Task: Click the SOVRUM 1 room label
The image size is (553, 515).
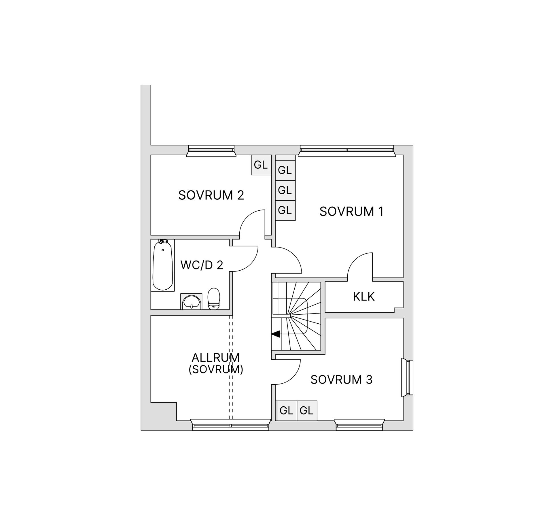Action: click(x=351, y=212)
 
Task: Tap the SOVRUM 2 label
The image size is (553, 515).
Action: click(x=211, y=195)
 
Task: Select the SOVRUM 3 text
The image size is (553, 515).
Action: click(x=341, y=380)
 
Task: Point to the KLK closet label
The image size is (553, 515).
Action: click(x=364, y=297)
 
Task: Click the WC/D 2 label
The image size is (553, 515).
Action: click(x=202, y=265)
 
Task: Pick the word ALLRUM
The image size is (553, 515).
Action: click(x=215, y=358)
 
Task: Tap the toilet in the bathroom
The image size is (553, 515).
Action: click(x=214, y=299)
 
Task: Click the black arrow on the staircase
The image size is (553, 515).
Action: click(x=276, y=334)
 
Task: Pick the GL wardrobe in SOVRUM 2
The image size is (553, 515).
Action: click(x=261, y=165)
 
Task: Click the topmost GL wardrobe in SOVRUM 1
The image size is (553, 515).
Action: click(x=285, y=170)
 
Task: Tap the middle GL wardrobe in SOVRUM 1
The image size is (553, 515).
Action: click(x=285, y=190)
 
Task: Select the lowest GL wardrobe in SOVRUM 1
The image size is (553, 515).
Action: click(x=285, y=210)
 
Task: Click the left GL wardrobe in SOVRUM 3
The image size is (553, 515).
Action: click(x=286, y=410)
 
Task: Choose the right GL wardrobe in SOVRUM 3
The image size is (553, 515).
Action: click(x=306, y=410)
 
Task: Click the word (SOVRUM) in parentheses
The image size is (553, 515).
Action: click(x=216, y=369)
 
